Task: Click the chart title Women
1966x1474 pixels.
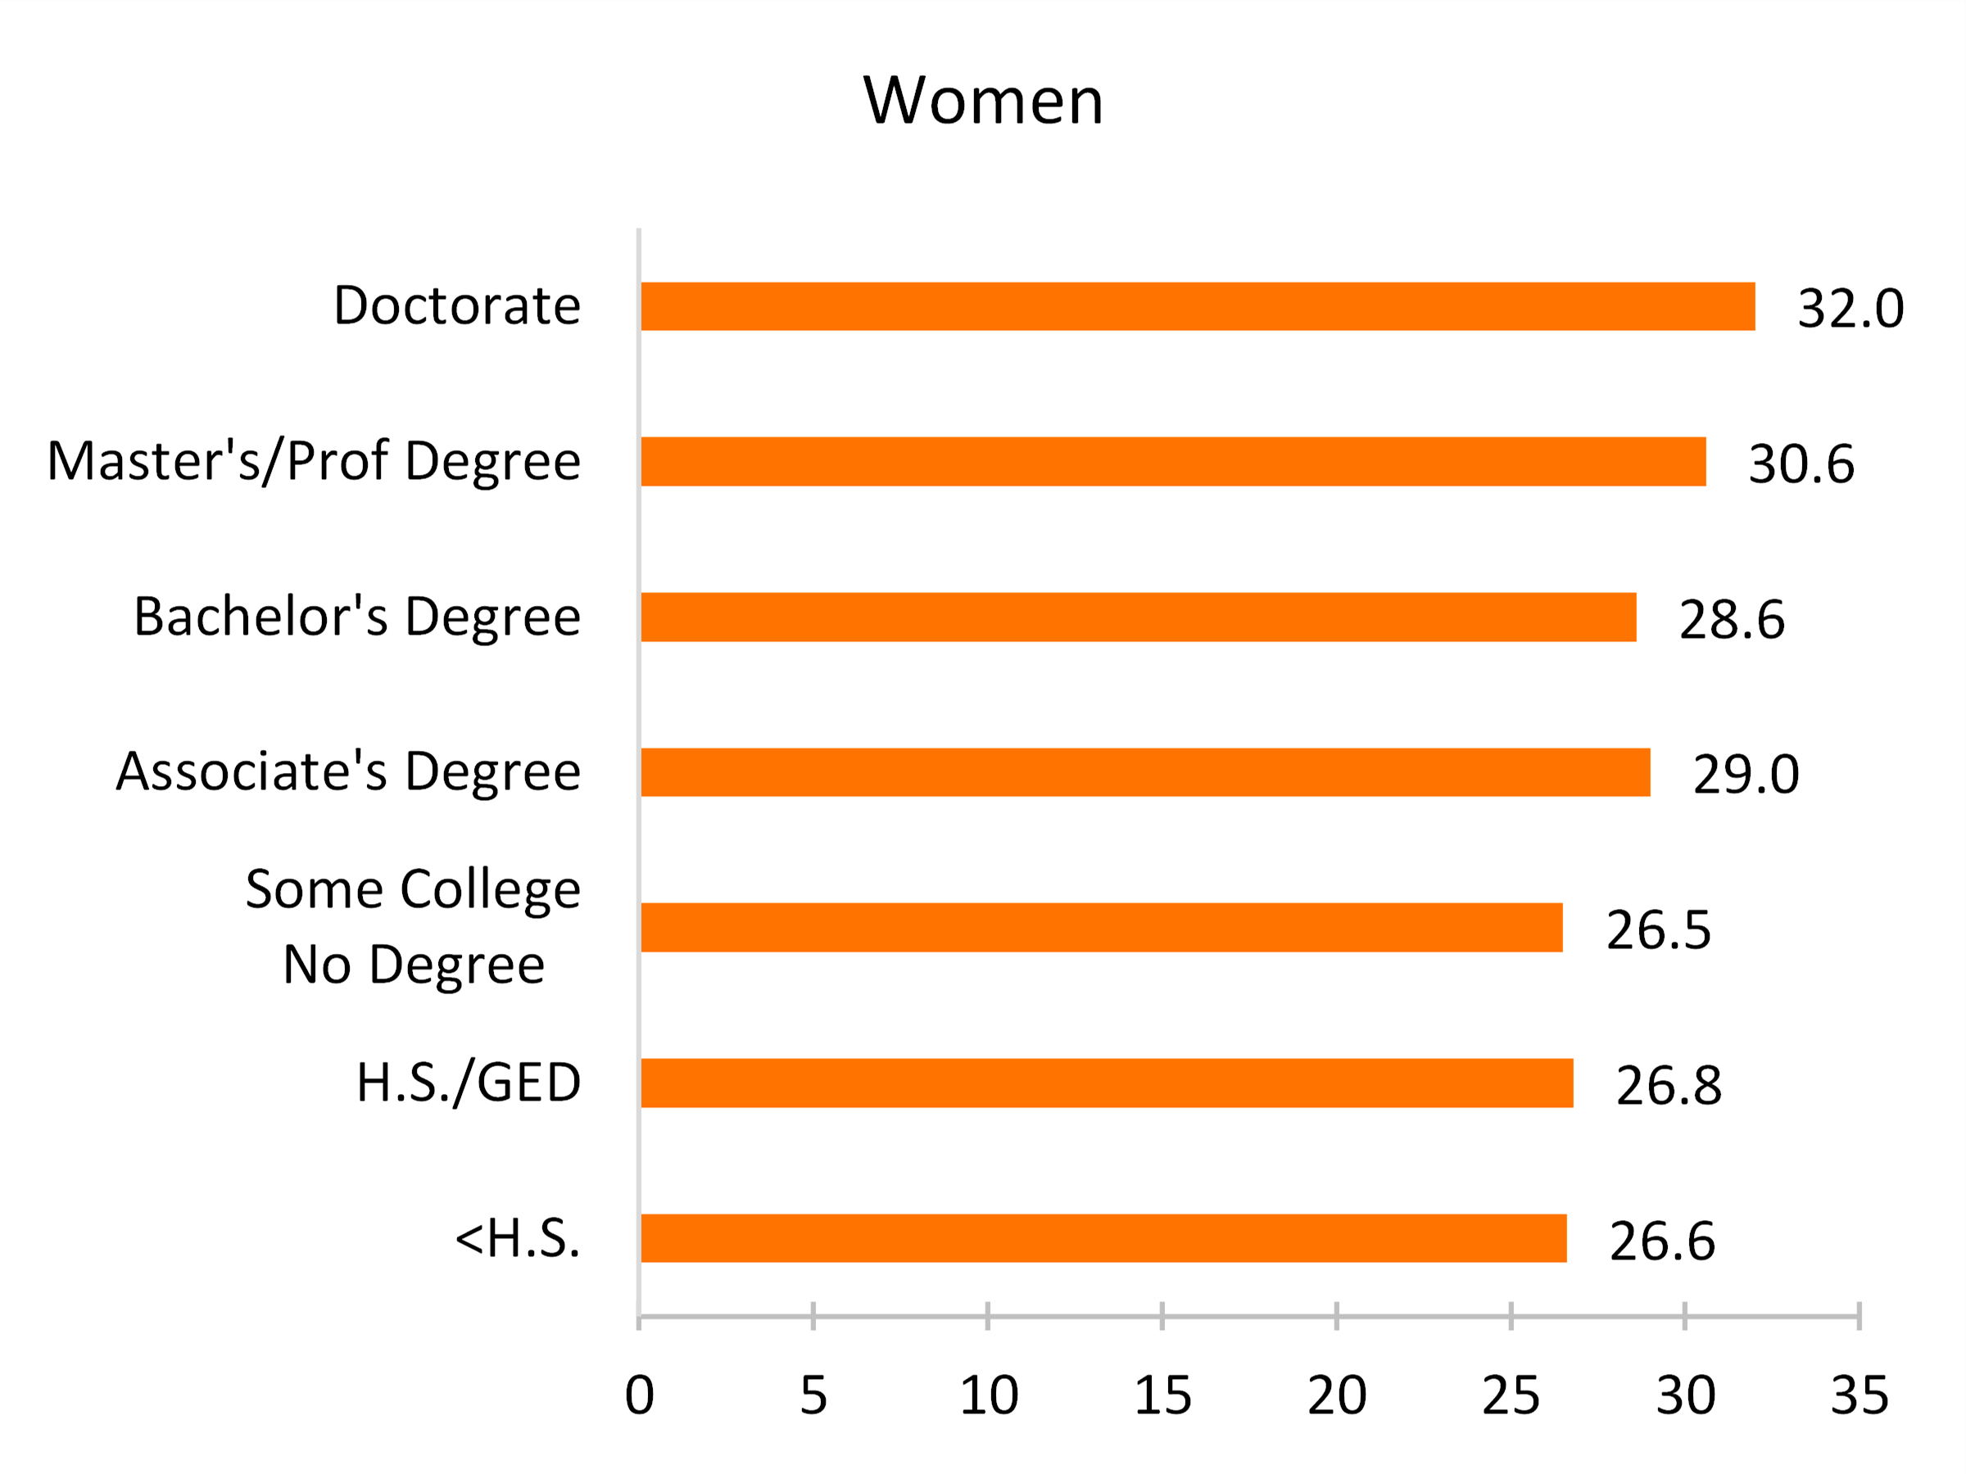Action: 983,101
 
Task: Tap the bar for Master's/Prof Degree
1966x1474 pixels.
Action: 1173,462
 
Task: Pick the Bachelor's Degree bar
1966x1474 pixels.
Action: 1139,617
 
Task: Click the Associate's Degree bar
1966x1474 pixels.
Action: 1146,772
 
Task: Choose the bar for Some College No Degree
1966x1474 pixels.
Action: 1101,928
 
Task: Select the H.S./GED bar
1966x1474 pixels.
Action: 1107,1083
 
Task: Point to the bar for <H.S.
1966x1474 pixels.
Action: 1104,1237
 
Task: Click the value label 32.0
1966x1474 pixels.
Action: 1850,310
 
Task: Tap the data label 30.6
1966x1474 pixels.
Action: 1801,463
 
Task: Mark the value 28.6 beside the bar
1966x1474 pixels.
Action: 1732,619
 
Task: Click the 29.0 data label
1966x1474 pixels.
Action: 1746,774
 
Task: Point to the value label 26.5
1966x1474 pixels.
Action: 1659,930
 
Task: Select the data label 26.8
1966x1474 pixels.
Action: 1669,1086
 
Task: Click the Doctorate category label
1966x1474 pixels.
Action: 457,305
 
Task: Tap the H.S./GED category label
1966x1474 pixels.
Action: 469,1083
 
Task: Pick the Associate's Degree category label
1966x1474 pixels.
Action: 348,771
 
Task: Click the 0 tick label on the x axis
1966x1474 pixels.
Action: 639,1396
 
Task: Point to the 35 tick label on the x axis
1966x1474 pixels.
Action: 1860,1396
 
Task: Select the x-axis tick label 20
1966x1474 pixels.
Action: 1337,1396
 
